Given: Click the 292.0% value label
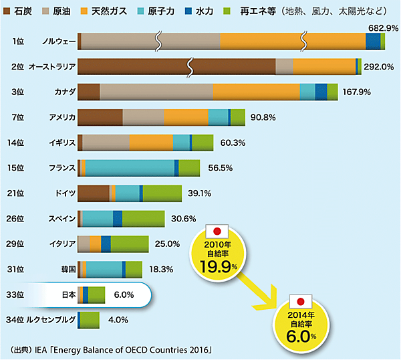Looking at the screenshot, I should (x=378, y=66).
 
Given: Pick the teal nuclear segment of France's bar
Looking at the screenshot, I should (x=130, y=168).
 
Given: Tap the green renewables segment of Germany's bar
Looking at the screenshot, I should (x=162, y=193).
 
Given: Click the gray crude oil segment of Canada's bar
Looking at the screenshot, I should (x=156, y=92).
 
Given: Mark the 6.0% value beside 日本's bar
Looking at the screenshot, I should (x=124, y=294).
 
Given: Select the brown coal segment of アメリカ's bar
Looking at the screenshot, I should (x=100, y=117).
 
